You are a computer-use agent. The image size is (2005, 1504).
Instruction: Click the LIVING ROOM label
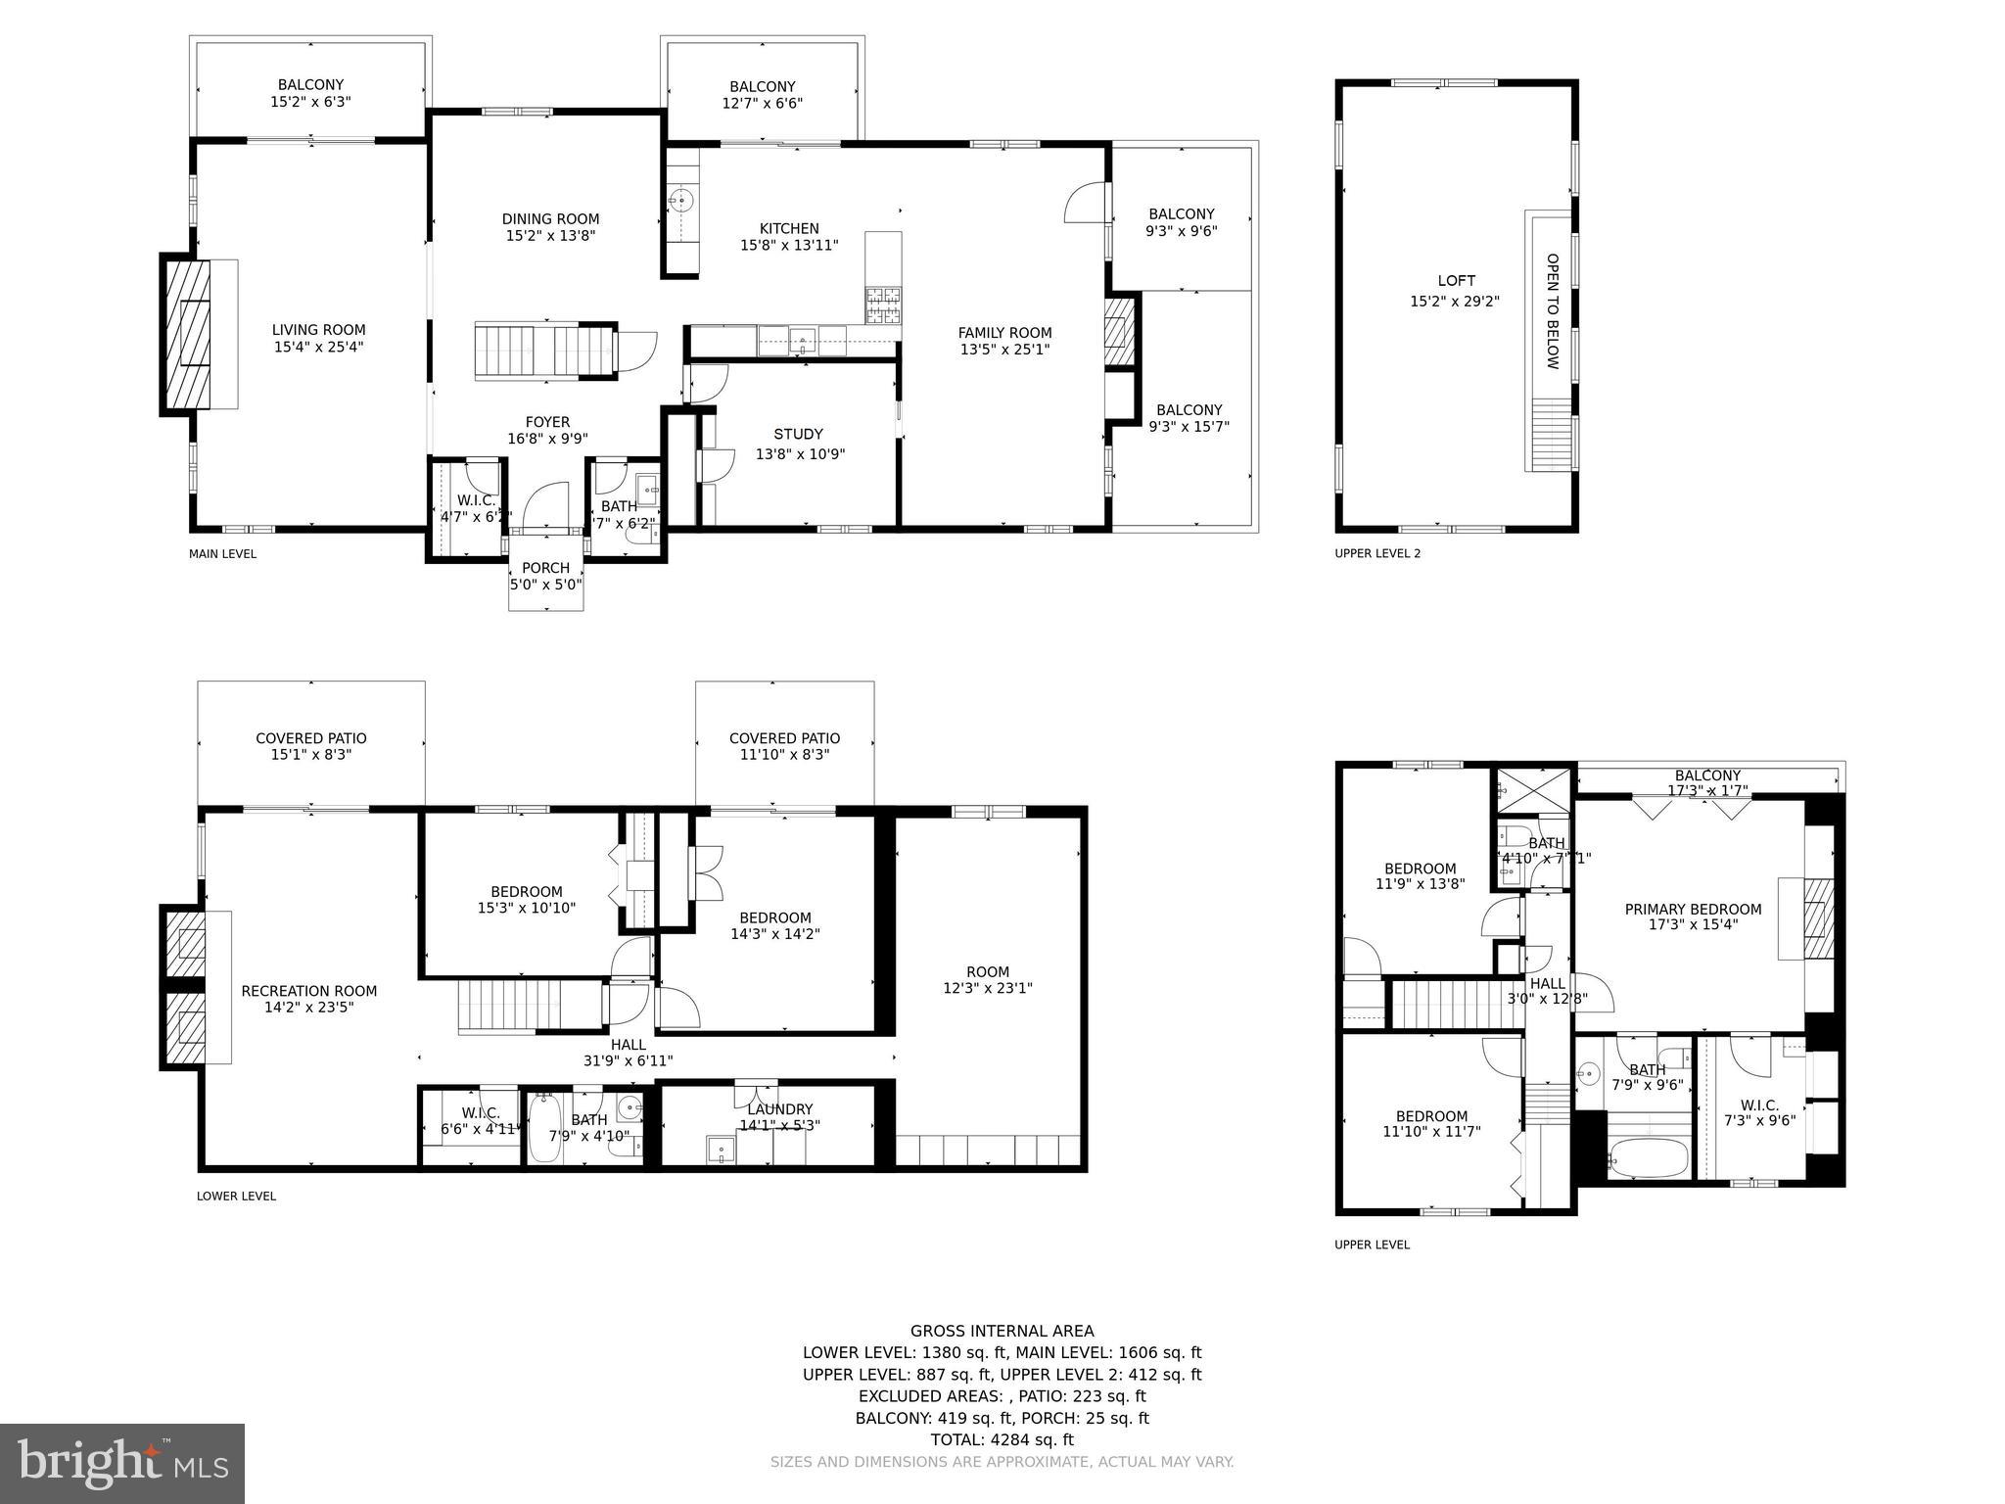318,331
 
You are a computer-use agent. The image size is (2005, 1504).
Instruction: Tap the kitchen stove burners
883,305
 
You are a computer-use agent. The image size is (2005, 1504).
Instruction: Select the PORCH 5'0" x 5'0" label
545,576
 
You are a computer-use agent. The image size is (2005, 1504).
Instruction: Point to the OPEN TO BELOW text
1552,311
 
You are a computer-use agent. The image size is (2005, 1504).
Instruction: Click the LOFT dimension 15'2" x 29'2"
1455,302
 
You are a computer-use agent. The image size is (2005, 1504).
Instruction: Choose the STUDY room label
798,435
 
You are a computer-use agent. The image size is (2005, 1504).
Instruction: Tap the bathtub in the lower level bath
544,1129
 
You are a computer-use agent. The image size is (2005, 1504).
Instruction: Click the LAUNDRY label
779,1109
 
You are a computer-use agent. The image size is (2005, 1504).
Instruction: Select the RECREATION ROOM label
308,991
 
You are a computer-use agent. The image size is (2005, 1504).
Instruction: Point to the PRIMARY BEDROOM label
1693,910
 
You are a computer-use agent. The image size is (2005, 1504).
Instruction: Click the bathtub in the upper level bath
1650,1158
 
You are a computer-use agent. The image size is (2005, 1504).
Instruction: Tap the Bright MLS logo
122,1463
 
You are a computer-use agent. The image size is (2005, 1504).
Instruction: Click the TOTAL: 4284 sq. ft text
1002,1439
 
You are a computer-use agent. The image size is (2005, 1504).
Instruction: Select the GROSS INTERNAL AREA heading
1002,1331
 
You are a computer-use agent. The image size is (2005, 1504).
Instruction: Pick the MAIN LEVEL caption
222,554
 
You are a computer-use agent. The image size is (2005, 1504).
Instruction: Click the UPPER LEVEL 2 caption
1376,553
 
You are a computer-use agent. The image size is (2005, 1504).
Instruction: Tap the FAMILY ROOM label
1004,333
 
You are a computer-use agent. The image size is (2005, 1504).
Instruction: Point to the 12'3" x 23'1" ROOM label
987,980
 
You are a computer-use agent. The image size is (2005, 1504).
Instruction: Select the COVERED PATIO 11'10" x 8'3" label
784,746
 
